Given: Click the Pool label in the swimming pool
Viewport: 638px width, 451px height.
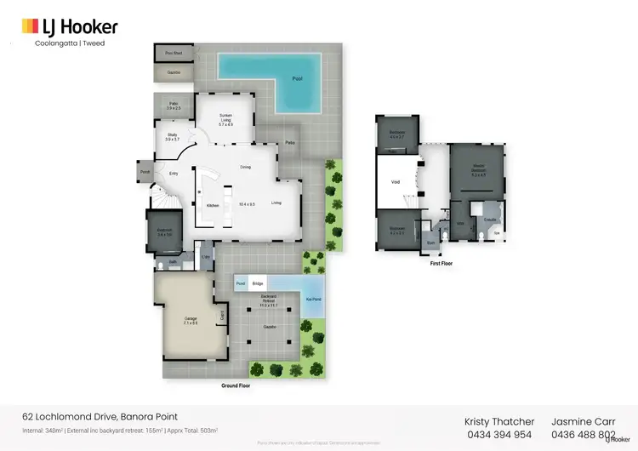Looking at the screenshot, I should pyautogui.click(x=297, y=77).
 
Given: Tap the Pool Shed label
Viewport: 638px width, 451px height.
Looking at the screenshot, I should pyautogui.click(x=173, y=54).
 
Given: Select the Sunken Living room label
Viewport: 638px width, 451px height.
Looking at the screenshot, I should pyautogui.click(x=225, y=117).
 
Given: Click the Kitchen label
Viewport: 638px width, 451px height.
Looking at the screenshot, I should pyautogui.click(x=214, y=205).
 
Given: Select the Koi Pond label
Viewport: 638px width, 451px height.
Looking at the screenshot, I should pyautogui.click(x=313, y=299).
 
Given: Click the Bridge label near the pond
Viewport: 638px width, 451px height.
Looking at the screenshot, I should pyautogui.click(x=259, y=283).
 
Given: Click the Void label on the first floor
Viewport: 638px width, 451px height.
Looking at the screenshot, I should pyautogui.click(x=395, y=181).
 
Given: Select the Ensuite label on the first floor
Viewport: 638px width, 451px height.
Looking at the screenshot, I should pyautogui.click(x=490, y=220).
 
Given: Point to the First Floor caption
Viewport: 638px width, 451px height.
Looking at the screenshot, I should pyautogui.click(x=441, y=264).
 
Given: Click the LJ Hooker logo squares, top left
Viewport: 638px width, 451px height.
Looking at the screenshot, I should pyautogui.click(x=30, y=27).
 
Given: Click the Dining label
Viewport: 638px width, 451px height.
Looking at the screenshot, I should pyautogui.click(x=245, y=167).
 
